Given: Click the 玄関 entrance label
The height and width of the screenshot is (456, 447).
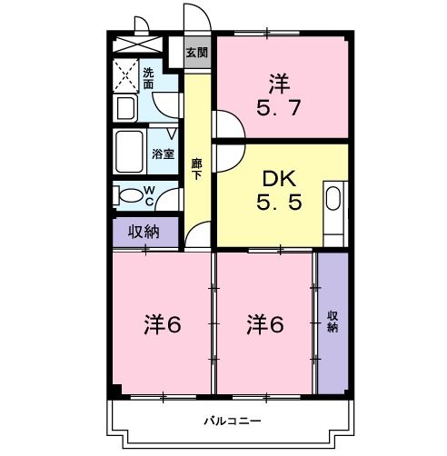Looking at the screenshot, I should point(196,52).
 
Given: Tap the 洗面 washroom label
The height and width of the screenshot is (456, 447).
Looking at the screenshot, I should point(148,79).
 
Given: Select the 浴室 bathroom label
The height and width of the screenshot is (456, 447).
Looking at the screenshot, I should point(164,154).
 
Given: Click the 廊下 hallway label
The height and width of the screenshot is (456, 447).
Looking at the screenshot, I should point(196,170).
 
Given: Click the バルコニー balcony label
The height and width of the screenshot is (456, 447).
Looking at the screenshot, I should point(232,421).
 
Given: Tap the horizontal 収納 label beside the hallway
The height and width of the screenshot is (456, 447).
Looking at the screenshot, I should point(144,232).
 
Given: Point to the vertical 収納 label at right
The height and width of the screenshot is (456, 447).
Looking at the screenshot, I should point(333,321).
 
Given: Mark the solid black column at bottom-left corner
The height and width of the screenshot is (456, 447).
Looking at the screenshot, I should point(115,391).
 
